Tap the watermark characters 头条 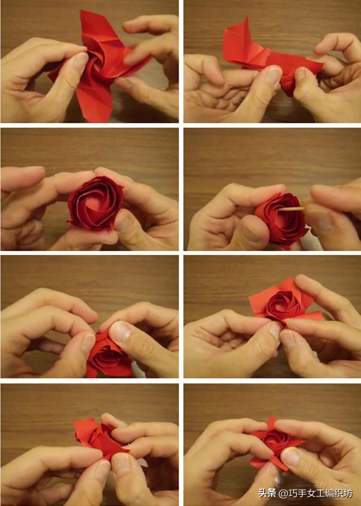coord(267,493)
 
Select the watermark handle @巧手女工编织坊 coord(315,493)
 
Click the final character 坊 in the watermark coord(348,493)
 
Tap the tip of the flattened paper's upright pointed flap coord(246,17)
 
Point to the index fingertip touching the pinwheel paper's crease coord(130,58)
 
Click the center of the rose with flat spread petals coord(279,303)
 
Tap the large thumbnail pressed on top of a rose coord(120,333)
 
